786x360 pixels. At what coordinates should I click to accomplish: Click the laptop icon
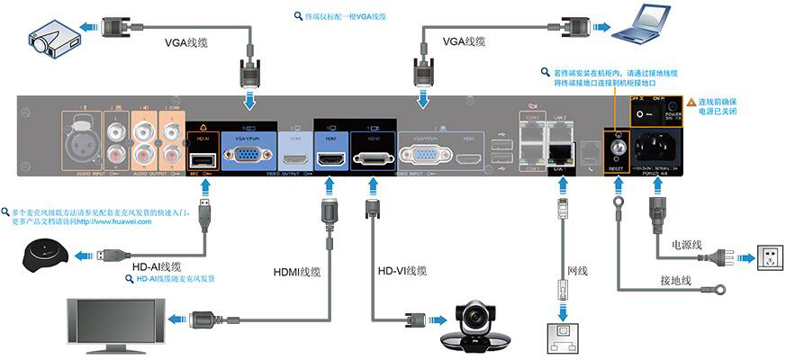(642, 27)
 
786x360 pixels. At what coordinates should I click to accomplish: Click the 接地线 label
(674, 280)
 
